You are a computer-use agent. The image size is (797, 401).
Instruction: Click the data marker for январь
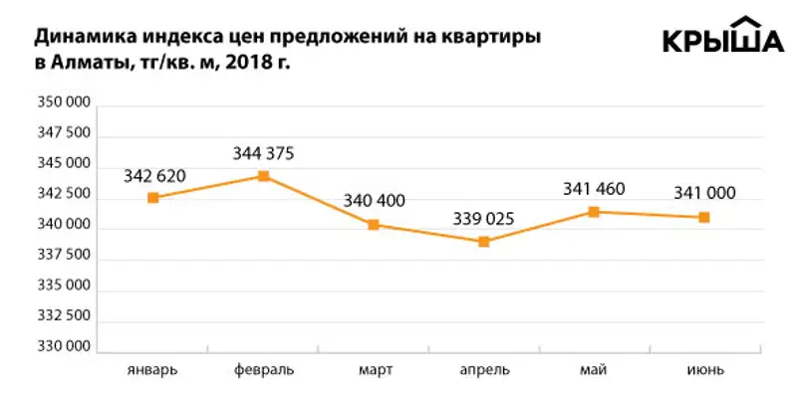pos(153,198)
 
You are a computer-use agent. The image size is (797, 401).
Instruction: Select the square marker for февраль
pos(263,176)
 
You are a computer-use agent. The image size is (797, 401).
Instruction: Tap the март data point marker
pos(374,225)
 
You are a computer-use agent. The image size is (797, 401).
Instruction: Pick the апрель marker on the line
pos(484,242)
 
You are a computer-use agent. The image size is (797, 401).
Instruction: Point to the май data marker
pos(594,212)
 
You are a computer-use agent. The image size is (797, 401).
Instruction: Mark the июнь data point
pos(704,217)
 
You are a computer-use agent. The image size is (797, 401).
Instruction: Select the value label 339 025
pos(484,218)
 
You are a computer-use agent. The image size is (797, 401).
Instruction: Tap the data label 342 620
pos(154,176)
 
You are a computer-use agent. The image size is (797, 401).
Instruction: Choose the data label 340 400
pos(374,201)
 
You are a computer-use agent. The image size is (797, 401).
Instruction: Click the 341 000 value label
pos(704,193)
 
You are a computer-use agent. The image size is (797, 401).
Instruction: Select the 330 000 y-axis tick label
pos(66,349)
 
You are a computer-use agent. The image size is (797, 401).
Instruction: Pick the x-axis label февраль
pos(263,371)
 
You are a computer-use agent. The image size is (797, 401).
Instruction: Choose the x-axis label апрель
pos(484,372)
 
